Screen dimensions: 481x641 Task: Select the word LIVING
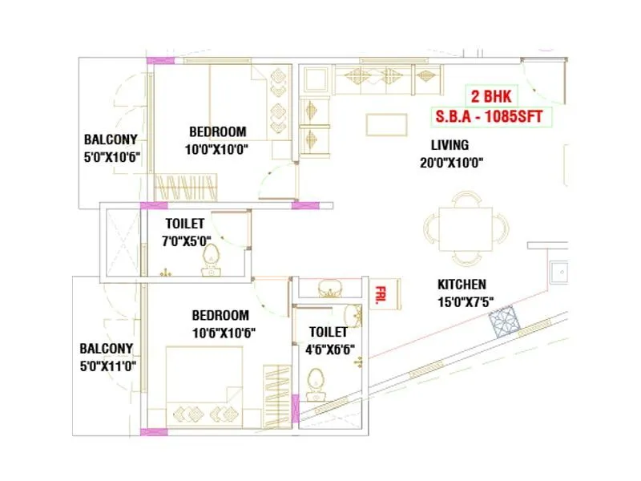(x=450, y=145)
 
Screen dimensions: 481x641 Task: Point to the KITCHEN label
(x=461, y=285)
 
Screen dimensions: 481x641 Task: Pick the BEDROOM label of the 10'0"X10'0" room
(x=218, y=131)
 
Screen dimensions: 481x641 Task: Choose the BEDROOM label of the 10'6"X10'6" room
(x=220, y=315)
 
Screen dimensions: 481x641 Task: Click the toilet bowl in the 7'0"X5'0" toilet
(x=211, y=259)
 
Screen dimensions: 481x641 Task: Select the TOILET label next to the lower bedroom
(x=329, y=331)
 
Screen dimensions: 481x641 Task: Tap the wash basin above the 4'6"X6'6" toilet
(x=329, y=287)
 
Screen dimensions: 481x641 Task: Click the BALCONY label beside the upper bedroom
(x=111, y=139)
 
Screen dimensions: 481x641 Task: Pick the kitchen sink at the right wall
(x=559, y=273)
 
